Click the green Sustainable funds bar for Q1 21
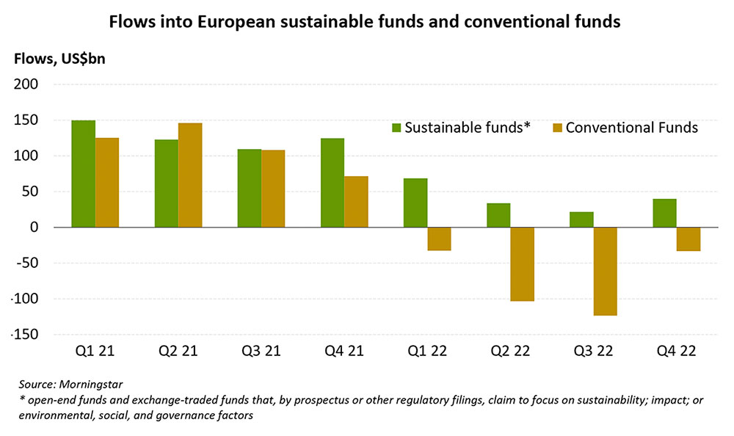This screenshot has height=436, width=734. (x=83, y=174)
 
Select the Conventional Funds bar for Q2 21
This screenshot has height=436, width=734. (x=190, y=175)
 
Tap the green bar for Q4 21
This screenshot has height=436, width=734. (x=333, y=183)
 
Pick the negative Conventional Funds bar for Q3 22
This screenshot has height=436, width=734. (x=605, y=272)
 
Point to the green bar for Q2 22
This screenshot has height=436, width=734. (x=498, y=215)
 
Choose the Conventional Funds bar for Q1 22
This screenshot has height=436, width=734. (x=439, y=239)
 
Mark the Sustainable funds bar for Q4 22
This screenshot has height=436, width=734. (x=664, y=213)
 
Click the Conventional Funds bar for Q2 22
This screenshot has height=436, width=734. (x=522, y=264)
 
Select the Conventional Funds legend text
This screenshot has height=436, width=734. (x=631, y=128)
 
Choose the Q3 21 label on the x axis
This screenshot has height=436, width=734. (x=261, y=352)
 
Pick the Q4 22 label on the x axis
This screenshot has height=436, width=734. (x=676, y=352)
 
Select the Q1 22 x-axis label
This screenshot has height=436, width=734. (x=427, y=352)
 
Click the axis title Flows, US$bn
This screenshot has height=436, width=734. (x=58, y=59)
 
